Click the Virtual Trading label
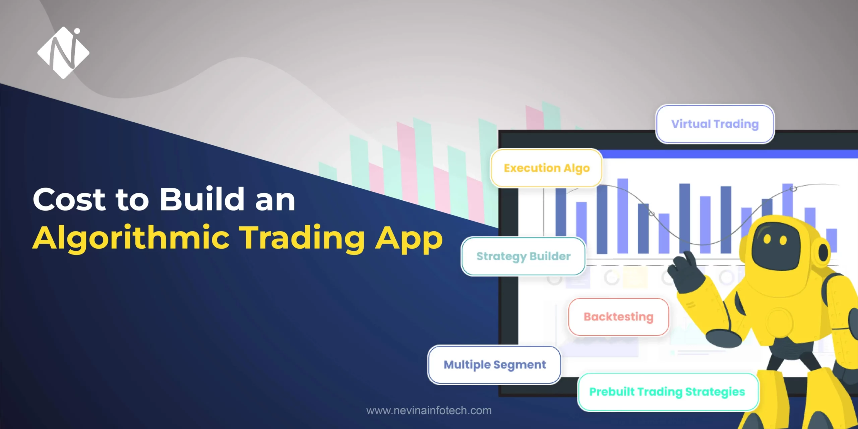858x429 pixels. tap(715, 124)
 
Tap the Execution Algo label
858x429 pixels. tap(546, 168)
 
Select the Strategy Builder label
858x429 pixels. tap(523, 256)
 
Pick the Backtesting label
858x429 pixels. tap(618, 317)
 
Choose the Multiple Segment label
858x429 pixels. tap(494, 365)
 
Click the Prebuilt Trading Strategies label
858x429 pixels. tap(667, 392)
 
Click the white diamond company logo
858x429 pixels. tap(63, 53)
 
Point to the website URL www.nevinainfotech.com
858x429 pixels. tap(429, 411)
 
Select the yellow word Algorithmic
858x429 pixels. tap(131, 239)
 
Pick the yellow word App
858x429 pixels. tap(409, 240)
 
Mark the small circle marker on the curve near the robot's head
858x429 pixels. tap(793, 189)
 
